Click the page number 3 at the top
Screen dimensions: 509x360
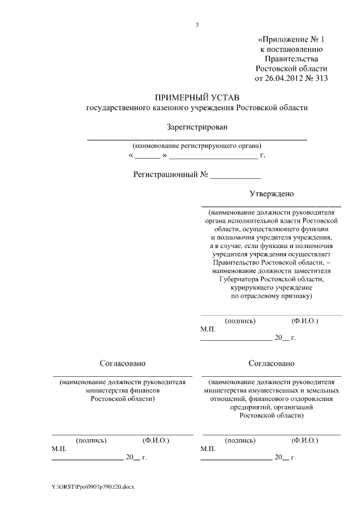coord(197,25)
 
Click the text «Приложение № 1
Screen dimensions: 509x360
coord(291,39)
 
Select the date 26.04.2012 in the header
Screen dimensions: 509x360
coord(283,78)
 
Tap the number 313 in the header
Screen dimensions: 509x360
coord(321,78)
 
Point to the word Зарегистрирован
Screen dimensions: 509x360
coord(197,127)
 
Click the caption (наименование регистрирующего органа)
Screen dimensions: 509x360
coord(196,146)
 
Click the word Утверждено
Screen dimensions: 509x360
coord(272,194)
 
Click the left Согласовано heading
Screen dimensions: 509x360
coord(123,363)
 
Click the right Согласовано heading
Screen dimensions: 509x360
coord(271,363)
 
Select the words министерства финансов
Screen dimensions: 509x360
coord(123,390)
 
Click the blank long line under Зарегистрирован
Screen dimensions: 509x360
coord(196,138)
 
